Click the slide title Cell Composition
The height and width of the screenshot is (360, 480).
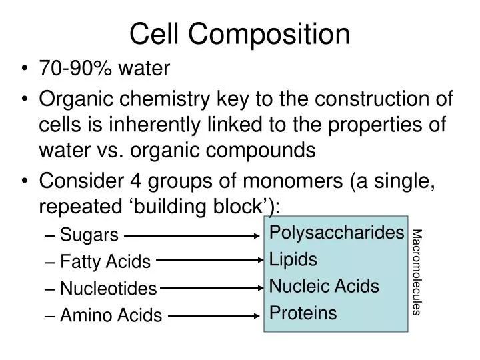tap(239, 34)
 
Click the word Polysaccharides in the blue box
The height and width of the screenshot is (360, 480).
tap(337, 233)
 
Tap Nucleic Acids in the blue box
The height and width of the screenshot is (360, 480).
tap(324, 287)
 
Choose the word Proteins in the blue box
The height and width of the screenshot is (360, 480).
tap(303, 313)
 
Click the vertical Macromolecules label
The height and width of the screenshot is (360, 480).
tap(417, 272)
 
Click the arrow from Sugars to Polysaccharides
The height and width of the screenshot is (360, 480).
tap(193, 235)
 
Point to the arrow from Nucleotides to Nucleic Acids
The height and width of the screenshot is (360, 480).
tap(212, 289)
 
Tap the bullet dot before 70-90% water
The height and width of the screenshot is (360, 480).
tap(25, 69)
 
